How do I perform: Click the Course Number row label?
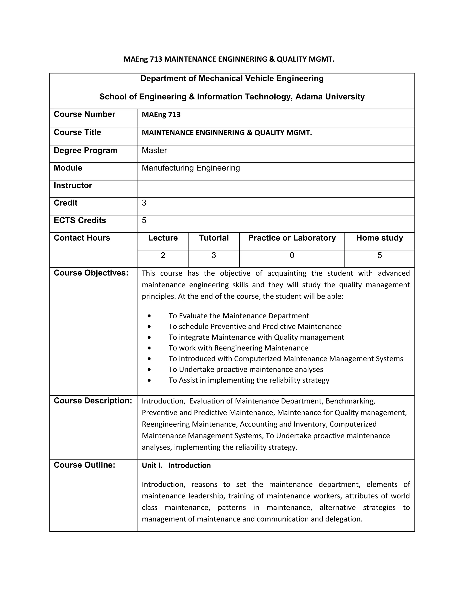84,114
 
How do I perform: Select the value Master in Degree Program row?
154,150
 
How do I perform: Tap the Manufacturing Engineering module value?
191,168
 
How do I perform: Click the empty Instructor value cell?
276,189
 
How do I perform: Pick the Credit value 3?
144,203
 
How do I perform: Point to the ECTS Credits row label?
80,220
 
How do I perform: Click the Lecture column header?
163,238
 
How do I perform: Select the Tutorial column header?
214,238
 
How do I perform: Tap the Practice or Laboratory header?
292,238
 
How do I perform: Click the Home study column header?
379,238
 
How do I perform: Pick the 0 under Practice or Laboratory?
292,255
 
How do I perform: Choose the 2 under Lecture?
163,255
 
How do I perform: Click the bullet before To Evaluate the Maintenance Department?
149,316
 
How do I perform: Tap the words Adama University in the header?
330,97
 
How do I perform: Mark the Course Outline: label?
84,465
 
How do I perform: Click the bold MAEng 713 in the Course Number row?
161,114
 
